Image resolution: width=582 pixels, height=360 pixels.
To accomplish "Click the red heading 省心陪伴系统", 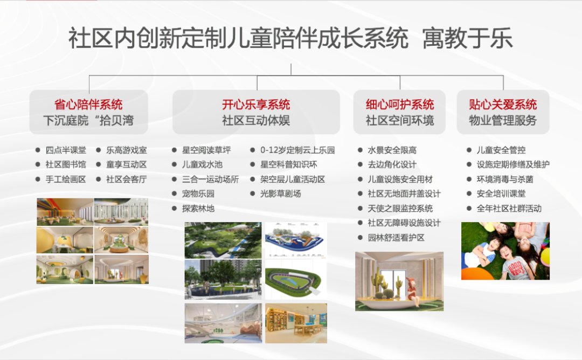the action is pos(88,105).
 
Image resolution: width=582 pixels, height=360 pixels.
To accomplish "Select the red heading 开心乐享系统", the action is pos(256,105).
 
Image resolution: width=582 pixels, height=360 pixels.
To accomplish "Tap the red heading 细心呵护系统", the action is pos(400,105).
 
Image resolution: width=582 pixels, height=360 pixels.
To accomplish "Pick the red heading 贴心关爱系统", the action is pos(503,105).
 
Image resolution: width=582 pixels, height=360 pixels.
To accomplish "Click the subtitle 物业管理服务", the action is pos(503,120).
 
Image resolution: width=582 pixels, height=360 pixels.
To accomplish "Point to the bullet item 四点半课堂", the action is pos(66,150).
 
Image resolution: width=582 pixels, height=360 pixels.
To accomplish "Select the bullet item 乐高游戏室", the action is pos(127,150).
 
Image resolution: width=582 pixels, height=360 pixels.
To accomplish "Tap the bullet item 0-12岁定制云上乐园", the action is pos(297,150).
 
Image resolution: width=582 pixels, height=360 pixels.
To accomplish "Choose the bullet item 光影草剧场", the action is pos(281,193).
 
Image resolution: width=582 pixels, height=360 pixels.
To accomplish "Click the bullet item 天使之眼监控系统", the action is pos(400,209).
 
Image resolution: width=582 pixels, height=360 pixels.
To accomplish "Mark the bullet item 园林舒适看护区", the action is pos(396,238).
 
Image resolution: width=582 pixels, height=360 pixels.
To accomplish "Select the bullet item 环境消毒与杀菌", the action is pos(505,179).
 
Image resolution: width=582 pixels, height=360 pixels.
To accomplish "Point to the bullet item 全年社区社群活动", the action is pos(509,209).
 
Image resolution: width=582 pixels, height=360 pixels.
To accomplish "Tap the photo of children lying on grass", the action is pos(505,251).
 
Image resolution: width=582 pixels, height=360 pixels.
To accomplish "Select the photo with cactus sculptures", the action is pos(399,281).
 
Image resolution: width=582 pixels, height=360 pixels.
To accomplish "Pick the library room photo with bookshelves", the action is pos(296,323).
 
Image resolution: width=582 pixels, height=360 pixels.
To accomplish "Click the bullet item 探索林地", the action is pos(198,209).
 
